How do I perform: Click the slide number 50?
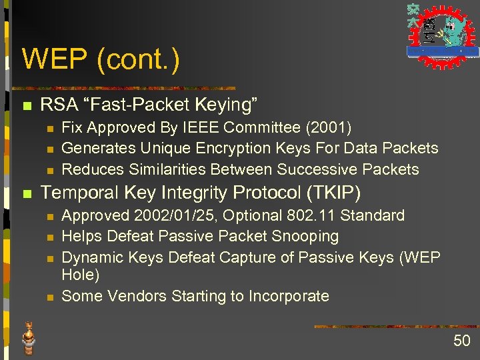click(461, 341)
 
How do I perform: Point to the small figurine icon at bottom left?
click(29, 337)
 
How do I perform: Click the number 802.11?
click(318, 215)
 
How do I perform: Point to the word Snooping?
click(306, 236)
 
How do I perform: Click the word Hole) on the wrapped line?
click(80, 274)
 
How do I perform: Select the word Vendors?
click(136, 295)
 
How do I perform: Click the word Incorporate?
click(289, 295)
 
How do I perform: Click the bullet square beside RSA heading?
click(27, 105)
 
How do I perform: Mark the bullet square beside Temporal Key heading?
click(27, 194)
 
